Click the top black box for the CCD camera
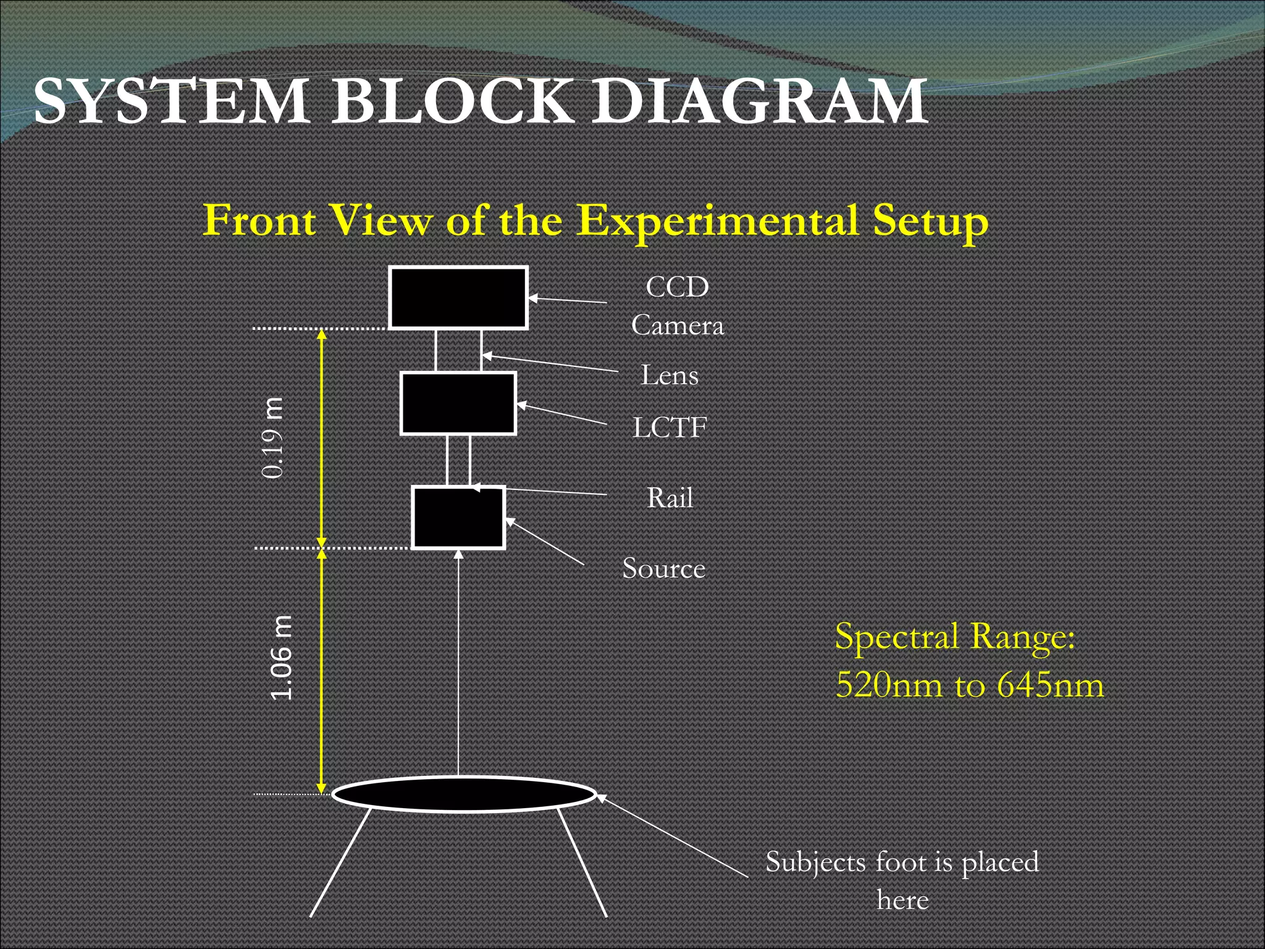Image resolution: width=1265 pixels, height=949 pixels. click(x=458, y=298)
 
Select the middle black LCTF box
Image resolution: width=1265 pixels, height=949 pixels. click(x=458, y=403)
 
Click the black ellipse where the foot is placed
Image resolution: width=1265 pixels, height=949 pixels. click(x=464, y=795)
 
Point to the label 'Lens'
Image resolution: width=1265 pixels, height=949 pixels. click(x=670, y=375)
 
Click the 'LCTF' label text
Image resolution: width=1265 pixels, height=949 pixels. click(x=670, y=428)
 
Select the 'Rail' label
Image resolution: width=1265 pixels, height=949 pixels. click(x=670, y=498)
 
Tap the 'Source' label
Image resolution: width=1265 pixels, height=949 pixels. click(x=663, y=568)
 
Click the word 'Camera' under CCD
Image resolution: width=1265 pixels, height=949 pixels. click(x=677, y=326)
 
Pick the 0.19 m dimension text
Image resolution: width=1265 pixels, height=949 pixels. click(x=273, y=438)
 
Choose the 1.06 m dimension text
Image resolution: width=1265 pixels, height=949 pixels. click(x=282, y=657)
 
